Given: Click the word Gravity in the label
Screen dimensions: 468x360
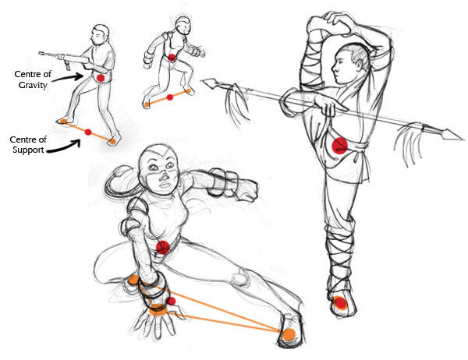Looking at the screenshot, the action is [33, 85].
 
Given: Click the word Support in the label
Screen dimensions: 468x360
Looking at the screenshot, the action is [28, 150].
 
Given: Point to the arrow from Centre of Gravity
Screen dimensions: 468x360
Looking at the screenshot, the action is [67, 78].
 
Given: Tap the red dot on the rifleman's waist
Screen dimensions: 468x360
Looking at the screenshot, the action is [101, 78].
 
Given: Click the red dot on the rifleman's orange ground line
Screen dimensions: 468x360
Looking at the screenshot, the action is [88, 132].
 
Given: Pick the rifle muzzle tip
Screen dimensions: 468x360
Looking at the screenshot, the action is [41, 54].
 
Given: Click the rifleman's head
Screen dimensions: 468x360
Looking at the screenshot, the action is [100, 34].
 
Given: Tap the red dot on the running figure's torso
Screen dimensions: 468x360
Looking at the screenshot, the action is [172, 57].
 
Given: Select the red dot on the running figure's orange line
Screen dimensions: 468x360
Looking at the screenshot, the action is [170, 97].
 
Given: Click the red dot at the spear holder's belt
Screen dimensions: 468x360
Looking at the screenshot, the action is [340, 146].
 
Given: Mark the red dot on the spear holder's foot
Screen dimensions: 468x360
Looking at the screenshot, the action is [340, 302].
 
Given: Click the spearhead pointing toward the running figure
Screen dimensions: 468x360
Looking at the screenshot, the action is [211, 83].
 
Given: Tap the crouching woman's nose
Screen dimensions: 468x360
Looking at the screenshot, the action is [164, 177].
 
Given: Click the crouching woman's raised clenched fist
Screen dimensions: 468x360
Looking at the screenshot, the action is [246, 188].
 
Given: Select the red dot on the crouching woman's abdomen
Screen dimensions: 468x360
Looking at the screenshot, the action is [163, 247].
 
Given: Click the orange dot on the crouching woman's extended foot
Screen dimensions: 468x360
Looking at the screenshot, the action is [289, 334].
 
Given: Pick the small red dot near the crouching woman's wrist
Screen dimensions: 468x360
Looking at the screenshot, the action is [171, 302].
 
